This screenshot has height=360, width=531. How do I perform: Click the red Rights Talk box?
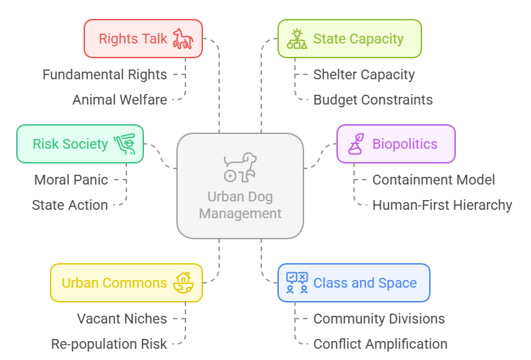point(143,39)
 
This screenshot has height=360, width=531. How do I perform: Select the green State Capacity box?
point(349,39)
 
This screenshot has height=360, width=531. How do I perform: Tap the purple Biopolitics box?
point(395,144)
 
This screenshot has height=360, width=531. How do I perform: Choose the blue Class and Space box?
point(353,284)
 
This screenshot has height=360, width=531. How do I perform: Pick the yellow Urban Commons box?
point(126,284)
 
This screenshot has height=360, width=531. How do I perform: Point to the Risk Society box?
point(80,144)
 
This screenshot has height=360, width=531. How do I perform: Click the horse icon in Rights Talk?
point(183,39)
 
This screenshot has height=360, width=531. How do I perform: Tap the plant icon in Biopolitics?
point(357,144)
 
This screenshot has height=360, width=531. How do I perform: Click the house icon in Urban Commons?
point(184,283)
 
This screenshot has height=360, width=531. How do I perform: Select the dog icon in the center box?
point(240,166)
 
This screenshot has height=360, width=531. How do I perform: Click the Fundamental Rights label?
point(105,74)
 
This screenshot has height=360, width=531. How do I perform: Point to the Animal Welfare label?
point(119,100)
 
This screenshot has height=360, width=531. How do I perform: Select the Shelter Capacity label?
point(364,74)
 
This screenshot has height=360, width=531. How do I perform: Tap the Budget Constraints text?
point(373,100)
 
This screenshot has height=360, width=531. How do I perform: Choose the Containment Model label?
point(433,180)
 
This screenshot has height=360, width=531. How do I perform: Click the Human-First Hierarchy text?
point(442,205)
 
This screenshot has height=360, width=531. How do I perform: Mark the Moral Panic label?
point(71,180)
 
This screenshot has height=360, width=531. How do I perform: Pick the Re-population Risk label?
point(109,344)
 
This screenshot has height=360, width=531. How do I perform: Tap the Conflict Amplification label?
point(380,344)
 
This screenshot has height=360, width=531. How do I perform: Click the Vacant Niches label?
point(122,319)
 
